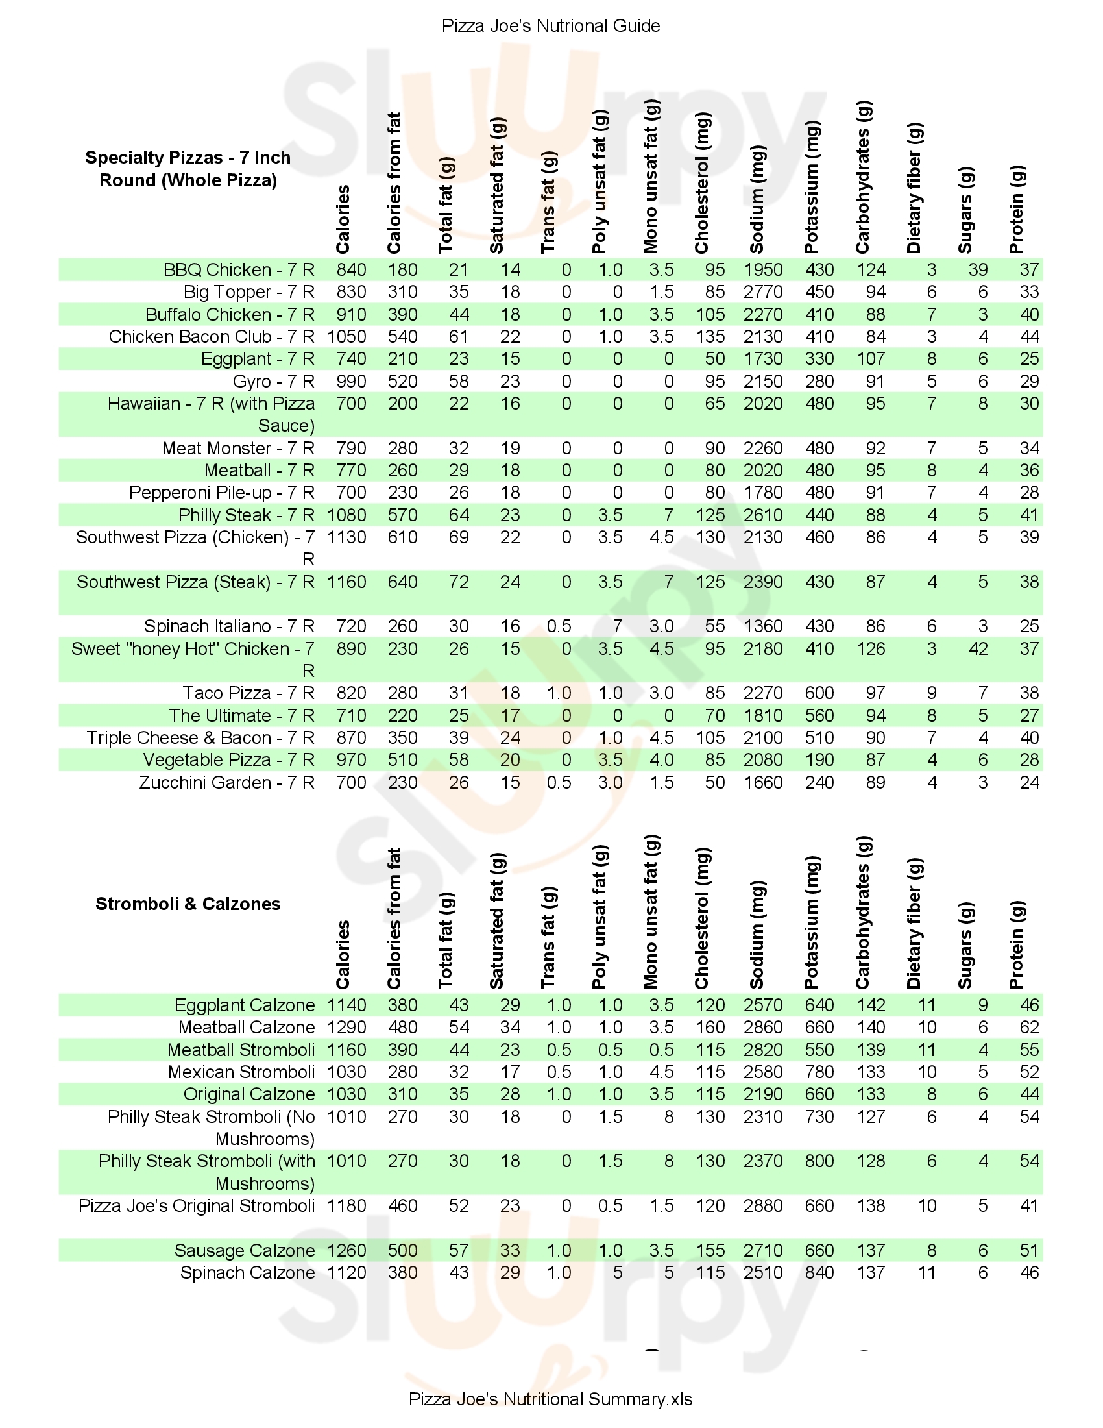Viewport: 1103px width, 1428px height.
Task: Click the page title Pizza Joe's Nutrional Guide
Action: tap(551, 26)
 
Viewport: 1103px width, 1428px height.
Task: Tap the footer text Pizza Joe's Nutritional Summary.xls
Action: tap(550, 1399)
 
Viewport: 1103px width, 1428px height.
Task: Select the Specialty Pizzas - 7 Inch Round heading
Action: tap(188, 169)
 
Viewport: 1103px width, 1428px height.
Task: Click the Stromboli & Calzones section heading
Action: tap(188, 904)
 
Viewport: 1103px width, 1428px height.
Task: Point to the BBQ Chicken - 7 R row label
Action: tap(239, 270)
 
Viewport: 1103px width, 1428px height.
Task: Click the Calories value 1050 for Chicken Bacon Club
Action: tap(346, 337)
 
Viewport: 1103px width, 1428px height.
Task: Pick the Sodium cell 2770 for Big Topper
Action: tap(762, 292)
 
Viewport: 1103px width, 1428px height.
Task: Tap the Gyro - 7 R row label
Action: tap(273, 381)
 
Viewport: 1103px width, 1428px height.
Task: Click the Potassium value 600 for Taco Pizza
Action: tap(819, 693)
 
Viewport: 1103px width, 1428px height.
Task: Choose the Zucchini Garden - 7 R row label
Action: tap(226, 783)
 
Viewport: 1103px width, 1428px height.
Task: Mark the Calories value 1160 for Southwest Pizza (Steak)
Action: tap(346, 582)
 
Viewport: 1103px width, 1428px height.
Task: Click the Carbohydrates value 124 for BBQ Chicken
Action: tap(870, 270)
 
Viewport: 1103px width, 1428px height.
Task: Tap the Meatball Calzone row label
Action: tap(247, 1028)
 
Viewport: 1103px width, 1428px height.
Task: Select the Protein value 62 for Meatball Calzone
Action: tap(1028, 1028)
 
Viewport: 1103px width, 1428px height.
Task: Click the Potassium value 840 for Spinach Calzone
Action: tap(819, 1272)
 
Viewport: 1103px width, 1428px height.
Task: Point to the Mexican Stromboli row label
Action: tap(241, 1072)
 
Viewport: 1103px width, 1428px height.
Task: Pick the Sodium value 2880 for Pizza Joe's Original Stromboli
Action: tap(762, 1206)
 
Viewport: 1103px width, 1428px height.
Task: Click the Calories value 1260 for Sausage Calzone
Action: tap(346, 1250)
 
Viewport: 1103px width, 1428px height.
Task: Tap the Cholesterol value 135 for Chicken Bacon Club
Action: tap(710, 337)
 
